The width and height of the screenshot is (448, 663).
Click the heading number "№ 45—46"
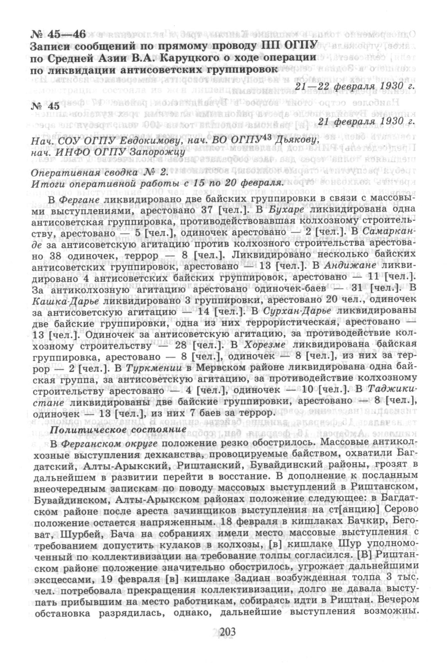click(58, 35)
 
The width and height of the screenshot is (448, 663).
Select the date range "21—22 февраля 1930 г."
click(355, 86)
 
